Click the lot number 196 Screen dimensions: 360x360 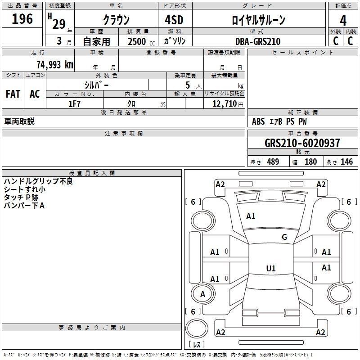tap(22, 19)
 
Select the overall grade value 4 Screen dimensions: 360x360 tap(343, 21)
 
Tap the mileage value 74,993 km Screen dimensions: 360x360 tap(55, 64)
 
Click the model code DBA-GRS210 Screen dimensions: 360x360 tap(258, 41)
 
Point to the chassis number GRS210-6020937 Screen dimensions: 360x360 tap(302, 143)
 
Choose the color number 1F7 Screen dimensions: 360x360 tap(74, 104)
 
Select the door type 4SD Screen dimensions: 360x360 tap(174, 20)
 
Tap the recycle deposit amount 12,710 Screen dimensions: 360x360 tap(225, 104)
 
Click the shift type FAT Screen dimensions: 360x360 tap(13, 94)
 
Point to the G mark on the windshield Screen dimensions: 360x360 tap(284, 237)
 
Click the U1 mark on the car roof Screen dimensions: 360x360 tap(271, 268)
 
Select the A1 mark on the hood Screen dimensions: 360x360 tap(251, 216)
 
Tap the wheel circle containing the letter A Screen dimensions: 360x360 tap(203, 294)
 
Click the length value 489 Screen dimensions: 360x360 tap(273, 162)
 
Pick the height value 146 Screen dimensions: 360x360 tap(346, 162)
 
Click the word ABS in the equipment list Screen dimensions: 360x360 tap(258, 121)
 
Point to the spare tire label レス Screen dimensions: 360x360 tap(197, 344)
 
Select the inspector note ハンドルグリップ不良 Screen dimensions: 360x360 tap(38, 181)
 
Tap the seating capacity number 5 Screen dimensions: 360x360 tap(188, 85)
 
